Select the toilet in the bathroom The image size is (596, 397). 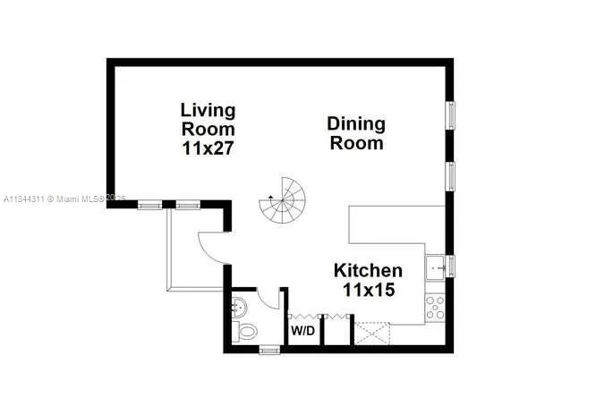tap(245, 333)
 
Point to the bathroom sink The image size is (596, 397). tap(238, 307)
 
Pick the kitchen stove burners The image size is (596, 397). tap(436, 308)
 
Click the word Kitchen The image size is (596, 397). tap(368, 270)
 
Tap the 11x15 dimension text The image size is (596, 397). tap(368, 290)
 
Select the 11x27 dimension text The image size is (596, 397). tap(208, 148)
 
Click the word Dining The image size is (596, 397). tap(355, 123)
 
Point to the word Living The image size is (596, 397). tap(208, 110)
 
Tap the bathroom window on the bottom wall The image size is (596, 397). tap(269, 350)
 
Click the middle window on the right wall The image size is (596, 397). tap(452, 175)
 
